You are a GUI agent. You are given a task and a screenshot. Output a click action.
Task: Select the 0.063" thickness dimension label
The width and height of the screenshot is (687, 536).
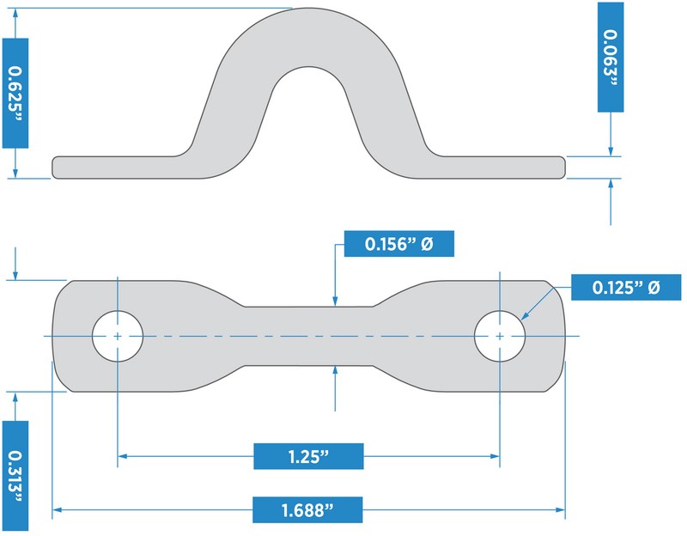click(610, 57)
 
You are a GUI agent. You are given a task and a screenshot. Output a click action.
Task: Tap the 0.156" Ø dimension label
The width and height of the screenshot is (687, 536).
click(398, 244)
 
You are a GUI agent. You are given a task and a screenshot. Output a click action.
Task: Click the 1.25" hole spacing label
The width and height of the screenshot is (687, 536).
click(309, 456)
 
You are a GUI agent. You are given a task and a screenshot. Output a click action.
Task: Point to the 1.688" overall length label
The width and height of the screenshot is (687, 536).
click(307, 510)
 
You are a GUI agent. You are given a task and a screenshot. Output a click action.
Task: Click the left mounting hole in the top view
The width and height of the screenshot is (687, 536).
click(118, 335)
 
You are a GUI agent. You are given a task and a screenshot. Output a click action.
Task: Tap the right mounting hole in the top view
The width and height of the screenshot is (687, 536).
click(500, 335)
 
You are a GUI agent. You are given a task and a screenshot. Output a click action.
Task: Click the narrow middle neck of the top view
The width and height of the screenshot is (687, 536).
click(309, 335)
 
